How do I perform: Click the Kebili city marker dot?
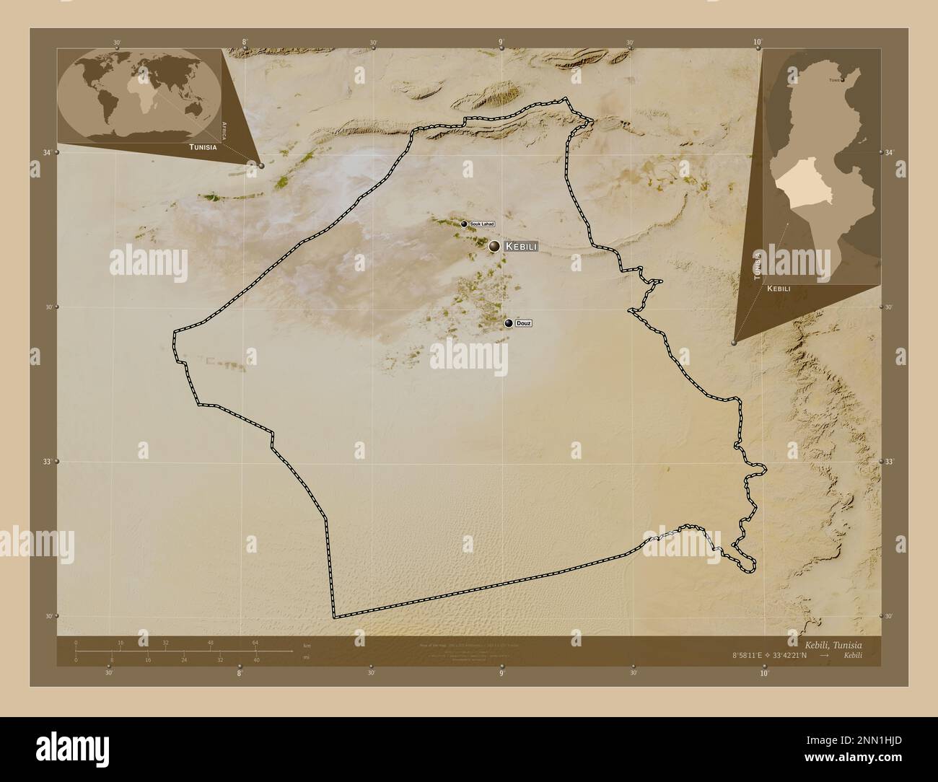point(494,247)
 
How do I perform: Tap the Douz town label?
point(525,323)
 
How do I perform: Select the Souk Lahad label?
point(482,224)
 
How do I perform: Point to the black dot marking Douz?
point(509,323)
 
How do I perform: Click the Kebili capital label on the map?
point(522,247)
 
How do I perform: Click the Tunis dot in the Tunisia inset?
point(842,80)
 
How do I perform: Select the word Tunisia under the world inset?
point(203,146)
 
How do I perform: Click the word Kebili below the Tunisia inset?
point(779,289)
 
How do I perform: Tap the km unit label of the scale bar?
point(307,645)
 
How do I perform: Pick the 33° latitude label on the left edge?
point(48,461)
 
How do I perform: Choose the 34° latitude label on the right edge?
point(889,152)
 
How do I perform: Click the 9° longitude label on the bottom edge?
point(501,672)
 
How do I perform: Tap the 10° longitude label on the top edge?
point(758,43)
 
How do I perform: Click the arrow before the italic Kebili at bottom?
point(834,655)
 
